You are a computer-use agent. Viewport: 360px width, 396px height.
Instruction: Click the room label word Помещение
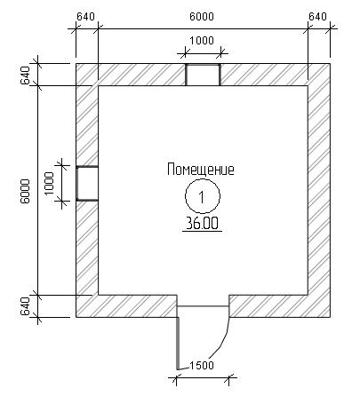[201, 170]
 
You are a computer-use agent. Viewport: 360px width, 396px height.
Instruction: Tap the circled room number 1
[203, 196]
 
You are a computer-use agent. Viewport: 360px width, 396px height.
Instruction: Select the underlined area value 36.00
[202, 224]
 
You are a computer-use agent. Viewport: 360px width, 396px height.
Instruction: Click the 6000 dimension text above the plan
[202, 17]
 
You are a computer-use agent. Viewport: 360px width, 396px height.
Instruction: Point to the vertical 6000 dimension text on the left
[25, 191]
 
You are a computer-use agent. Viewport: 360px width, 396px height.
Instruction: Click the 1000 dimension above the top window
[202, 40]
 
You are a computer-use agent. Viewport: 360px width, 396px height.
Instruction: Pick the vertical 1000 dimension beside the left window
[49, 184]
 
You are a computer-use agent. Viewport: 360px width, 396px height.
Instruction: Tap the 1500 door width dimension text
[202, 365]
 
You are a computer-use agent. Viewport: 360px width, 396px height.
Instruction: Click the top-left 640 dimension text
[85, 17]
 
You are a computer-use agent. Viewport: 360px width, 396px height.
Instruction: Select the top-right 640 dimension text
[317, 17]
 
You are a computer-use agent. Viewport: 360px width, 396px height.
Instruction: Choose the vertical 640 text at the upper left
[25, 75]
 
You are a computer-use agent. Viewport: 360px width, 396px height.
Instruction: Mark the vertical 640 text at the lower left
[25, 306]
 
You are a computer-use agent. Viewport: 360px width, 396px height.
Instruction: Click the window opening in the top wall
[203, 75]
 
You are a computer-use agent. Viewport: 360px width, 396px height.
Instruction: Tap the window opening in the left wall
[87, 184]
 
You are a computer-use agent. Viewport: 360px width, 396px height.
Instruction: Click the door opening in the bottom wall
[203, 306]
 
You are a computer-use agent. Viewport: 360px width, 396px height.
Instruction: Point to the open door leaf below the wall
[178, 344]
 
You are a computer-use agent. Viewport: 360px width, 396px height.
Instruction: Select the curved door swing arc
[222, 344]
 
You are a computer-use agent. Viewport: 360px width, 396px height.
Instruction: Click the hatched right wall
[319, 190]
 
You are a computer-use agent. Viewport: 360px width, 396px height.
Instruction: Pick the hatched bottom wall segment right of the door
[280, 306]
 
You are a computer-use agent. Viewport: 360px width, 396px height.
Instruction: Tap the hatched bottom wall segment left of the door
[126, 306]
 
